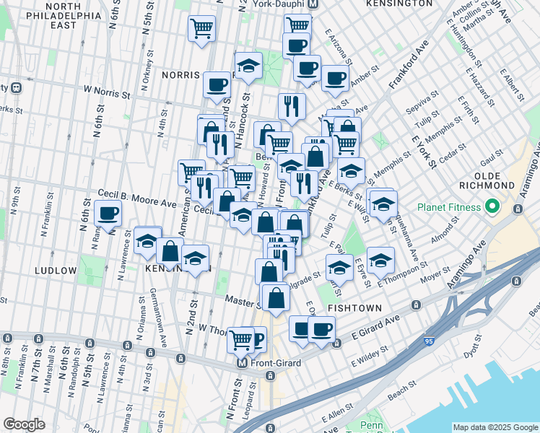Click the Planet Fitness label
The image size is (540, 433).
point(448,208)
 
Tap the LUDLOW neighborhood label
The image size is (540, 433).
point(55,271)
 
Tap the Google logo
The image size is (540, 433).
point(25,424)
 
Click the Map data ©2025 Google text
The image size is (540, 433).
point(495,427)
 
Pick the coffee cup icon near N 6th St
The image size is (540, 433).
point(108,214)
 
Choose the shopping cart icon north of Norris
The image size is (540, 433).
point(202,29)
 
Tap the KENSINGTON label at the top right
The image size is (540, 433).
point(400,4)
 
